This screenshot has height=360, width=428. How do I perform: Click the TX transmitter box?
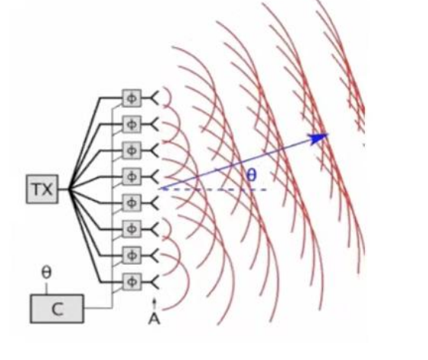pos(42,190)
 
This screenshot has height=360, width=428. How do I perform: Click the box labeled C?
pos(57,308)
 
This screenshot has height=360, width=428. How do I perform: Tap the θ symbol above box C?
pos(46,272)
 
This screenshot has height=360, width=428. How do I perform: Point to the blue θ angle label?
pos(252,175)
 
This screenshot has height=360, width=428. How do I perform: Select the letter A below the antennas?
pos(154,319)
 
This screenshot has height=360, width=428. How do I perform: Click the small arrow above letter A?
pos(154,304)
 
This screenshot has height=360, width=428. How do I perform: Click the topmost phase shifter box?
pos(132,98)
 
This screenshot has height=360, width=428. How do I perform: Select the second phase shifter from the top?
pos(132,124)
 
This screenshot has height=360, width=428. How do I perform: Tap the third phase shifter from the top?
pos(132,151)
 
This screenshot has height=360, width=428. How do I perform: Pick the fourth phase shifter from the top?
pos(132,177)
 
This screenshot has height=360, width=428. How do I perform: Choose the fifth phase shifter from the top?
pos(132,202)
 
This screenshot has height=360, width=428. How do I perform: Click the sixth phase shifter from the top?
pos(132,229)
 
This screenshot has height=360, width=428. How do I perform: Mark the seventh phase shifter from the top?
pos(132,255)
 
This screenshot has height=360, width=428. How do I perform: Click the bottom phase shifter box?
pos(132,282)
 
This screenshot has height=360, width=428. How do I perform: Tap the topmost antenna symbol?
pos(154,98)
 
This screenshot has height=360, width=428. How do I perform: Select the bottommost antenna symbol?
pos(154,282)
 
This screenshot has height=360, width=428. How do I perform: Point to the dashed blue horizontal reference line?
pos(214,190)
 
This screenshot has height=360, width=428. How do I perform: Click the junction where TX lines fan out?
pos(70,190)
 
